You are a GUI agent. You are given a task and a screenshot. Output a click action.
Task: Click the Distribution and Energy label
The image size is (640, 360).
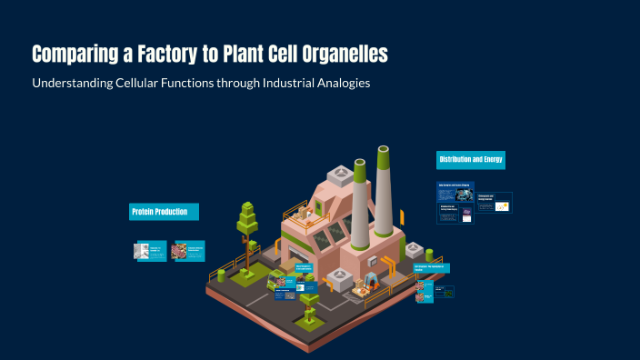pos(470,160)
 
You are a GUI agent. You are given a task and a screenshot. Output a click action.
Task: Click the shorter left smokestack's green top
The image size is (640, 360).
pos(359,167)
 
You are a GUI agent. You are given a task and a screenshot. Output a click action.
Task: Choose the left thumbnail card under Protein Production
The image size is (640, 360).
pos(151,252)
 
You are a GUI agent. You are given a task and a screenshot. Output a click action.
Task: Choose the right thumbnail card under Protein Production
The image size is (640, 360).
pos(188,251)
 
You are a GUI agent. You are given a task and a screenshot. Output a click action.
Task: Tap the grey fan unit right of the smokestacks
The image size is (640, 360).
pos(415,248)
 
